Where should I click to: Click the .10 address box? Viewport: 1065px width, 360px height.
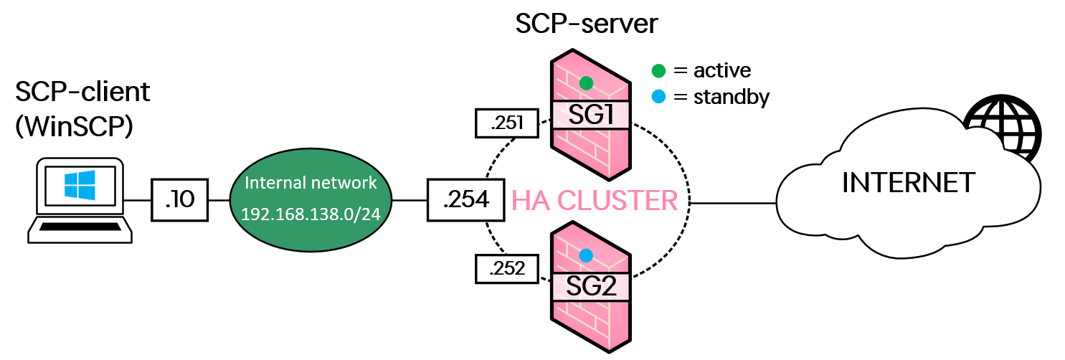(x=179, y=200)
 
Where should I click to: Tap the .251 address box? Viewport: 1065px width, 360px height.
(x=507, y=125)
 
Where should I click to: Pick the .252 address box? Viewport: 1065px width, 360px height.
(x=507, y=270)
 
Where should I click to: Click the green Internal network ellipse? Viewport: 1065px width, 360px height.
(x=311, y=199)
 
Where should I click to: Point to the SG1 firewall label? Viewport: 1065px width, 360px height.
(x=590, y=115)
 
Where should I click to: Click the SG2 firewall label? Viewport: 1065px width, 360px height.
(x=590, y=287)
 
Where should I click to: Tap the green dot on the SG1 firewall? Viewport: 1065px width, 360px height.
(x=586, y=82)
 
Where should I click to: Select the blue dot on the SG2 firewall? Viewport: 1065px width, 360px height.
(x=586, y=255)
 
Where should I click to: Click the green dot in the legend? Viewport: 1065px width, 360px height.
(x=658, y=70)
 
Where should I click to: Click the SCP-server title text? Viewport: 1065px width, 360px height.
(x=587, y=24)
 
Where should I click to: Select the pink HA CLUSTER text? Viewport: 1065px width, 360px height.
(x=595, y=202)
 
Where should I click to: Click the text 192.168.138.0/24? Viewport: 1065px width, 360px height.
(x=311, y=214)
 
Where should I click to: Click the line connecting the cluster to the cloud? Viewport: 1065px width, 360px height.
(x=732, y=203)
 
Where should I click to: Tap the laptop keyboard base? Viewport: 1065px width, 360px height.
(x=80, y=230)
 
